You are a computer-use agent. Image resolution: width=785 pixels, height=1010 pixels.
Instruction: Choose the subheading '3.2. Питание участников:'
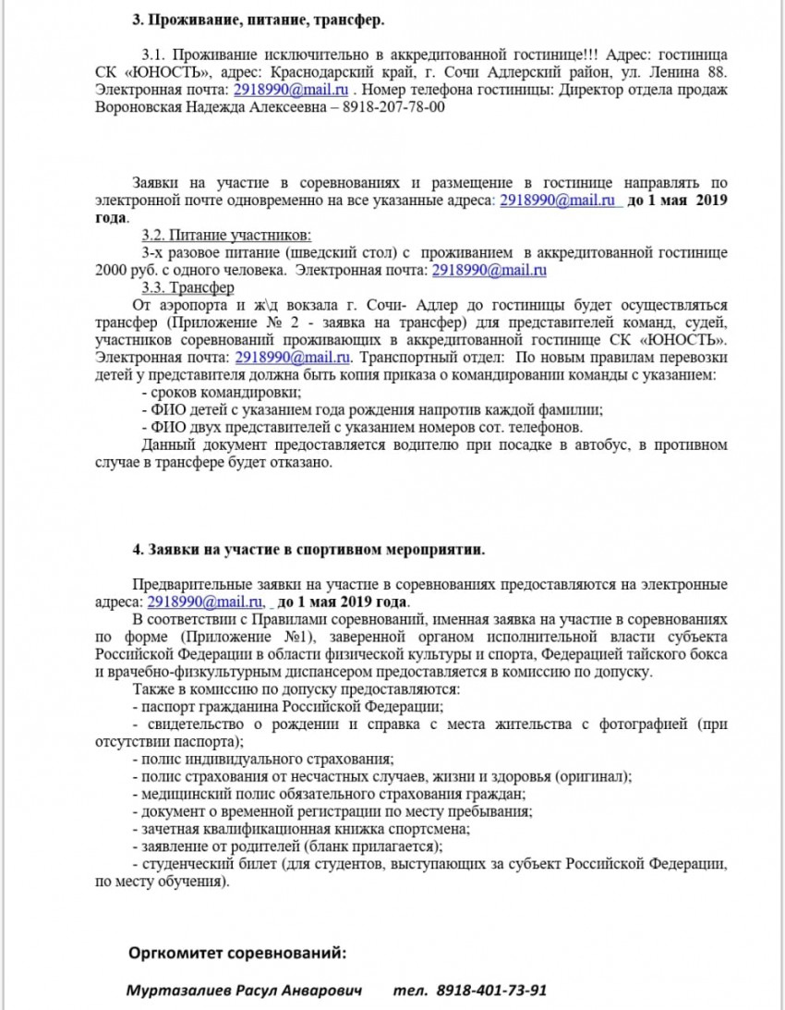point(226,235)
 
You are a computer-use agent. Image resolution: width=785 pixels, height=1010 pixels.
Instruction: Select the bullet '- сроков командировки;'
point(197,393)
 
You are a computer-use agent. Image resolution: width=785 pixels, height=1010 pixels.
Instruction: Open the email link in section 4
point(198,602)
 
